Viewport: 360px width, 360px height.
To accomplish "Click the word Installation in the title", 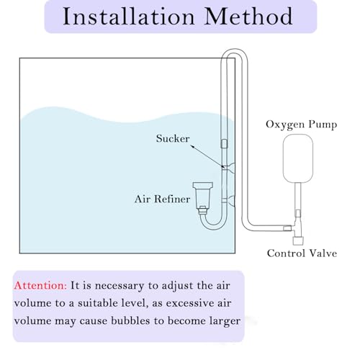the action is pyautogui.click(x=129, y=17).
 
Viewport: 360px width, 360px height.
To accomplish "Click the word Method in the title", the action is pyautogui.click(x=248, y=17).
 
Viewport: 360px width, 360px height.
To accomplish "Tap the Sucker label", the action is pyautogui.click(x=173, y=138).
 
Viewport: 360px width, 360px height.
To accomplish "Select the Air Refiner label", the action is pyautogui.click(x=162, y=199).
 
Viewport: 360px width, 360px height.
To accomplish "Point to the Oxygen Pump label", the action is pyautogui.click(x=302, y=125).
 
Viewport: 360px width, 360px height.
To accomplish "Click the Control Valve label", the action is pyautogui.click(x=302, y=253).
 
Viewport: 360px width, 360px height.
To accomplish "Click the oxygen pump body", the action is pyautogui.click(x=298, y=158).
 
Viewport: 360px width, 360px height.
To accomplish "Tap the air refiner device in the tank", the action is pyautogui.click(x=203, y=197).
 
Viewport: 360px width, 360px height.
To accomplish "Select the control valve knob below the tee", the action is pyautogui.click(x=298, y=240).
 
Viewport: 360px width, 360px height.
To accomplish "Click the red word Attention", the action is pyautogui.click(x=40, y=286).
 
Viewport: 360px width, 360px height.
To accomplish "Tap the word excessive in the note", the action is pyautogui.click(x=187, y=303).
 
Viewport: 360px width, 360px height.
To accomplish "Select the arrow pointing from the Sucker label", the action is pyautogui.click(x=207, y=156).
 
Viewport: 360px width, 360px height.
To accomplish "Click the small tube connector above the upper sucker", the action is pyautogui.click(x=224, y=144).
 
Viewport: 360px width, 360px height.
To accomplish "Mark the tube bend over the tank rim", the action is pyautogui.click(x=234, y=51).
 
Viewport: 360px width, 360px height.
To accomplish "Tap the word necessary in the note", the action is pyautogui.click(x=119, y=286).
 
